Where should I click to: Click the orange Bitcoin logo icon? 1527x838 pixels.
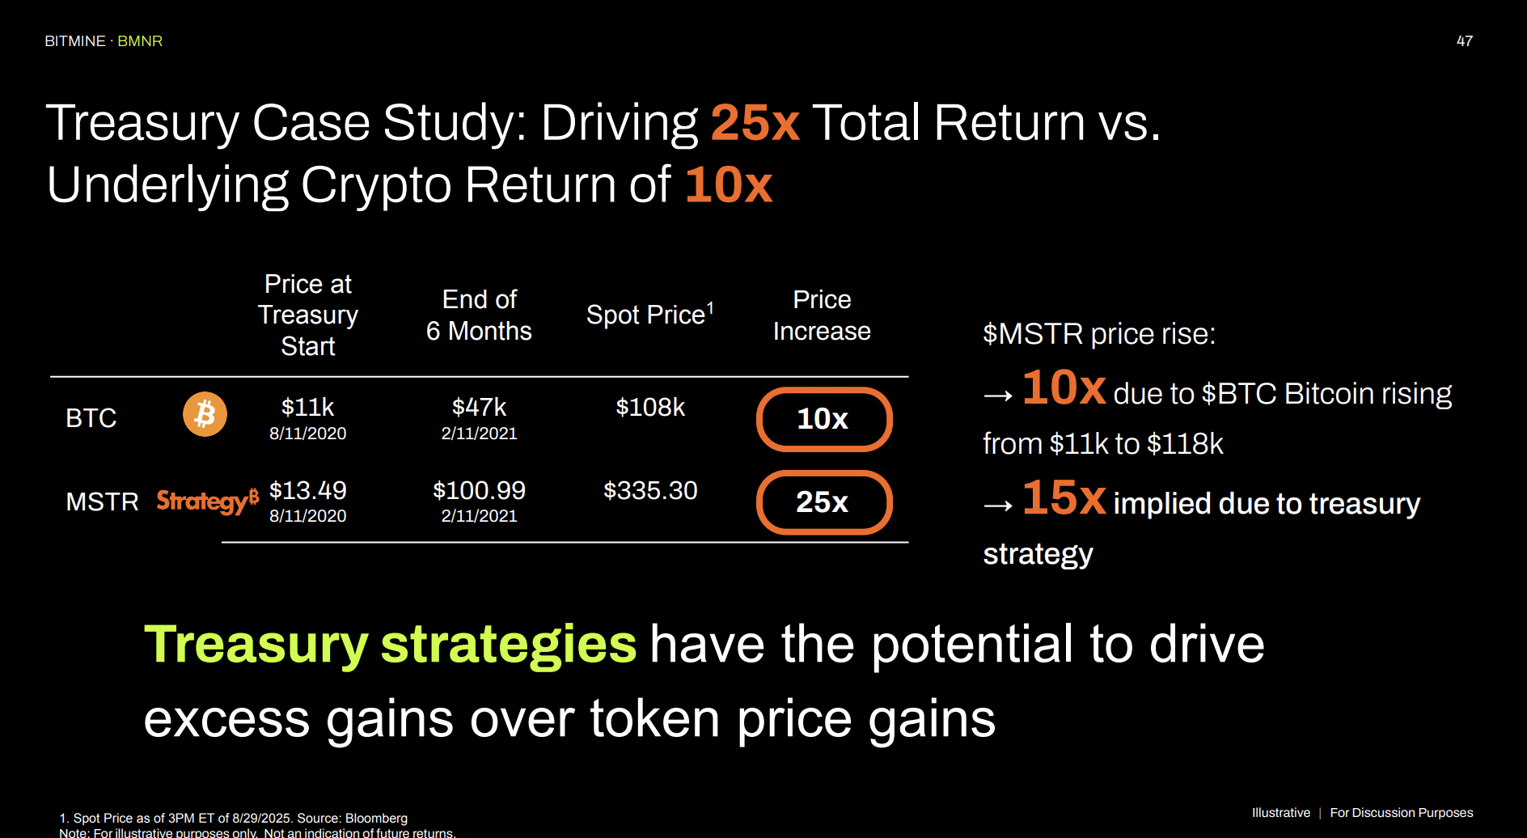tap(205, 414)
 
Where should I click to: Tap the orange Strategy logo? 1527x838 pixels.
tap(207, 501)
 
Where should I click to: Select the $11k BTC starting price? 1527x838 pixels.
tap(307, 407)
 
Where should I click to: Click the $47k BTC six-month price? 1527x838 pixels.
tap(479, 407)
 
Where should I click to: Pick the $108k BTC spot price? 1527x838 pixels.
tap(650, 407)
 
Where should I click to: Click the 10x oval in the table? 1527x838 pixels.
tap(823, 419)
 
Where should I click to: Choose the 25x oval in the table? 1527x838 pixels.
tap(823, 502)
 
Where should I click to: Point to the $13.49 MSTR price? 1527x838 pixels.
tap(307, 490)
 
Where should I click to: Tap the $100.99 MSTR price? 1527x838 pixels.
tap(479, 490)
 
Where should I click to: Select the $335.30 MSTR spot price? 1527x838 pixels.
tap(650, 490)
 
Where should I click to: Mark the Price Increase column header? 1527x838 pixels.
tap(822, 315)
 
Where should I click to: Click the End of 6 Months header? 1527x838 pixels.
tap(479, 315)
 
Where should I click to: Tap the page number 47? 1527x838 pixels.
tap(1464, 41)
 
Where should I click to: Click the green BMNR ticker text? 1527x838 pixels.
tap(140, 41)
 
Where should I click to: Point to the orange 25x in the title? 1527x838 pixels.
tap(755, 123)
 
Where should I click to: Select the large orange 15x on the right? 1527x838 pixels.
tap(1064, 497)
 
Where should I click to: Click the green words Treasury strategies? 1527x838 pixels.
tap(390, 645)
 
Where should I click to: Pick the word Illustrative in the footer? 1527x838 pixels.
tap(1280, 813)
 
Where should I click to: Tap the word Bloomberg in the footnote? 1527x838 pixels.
tap(376, 819)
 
